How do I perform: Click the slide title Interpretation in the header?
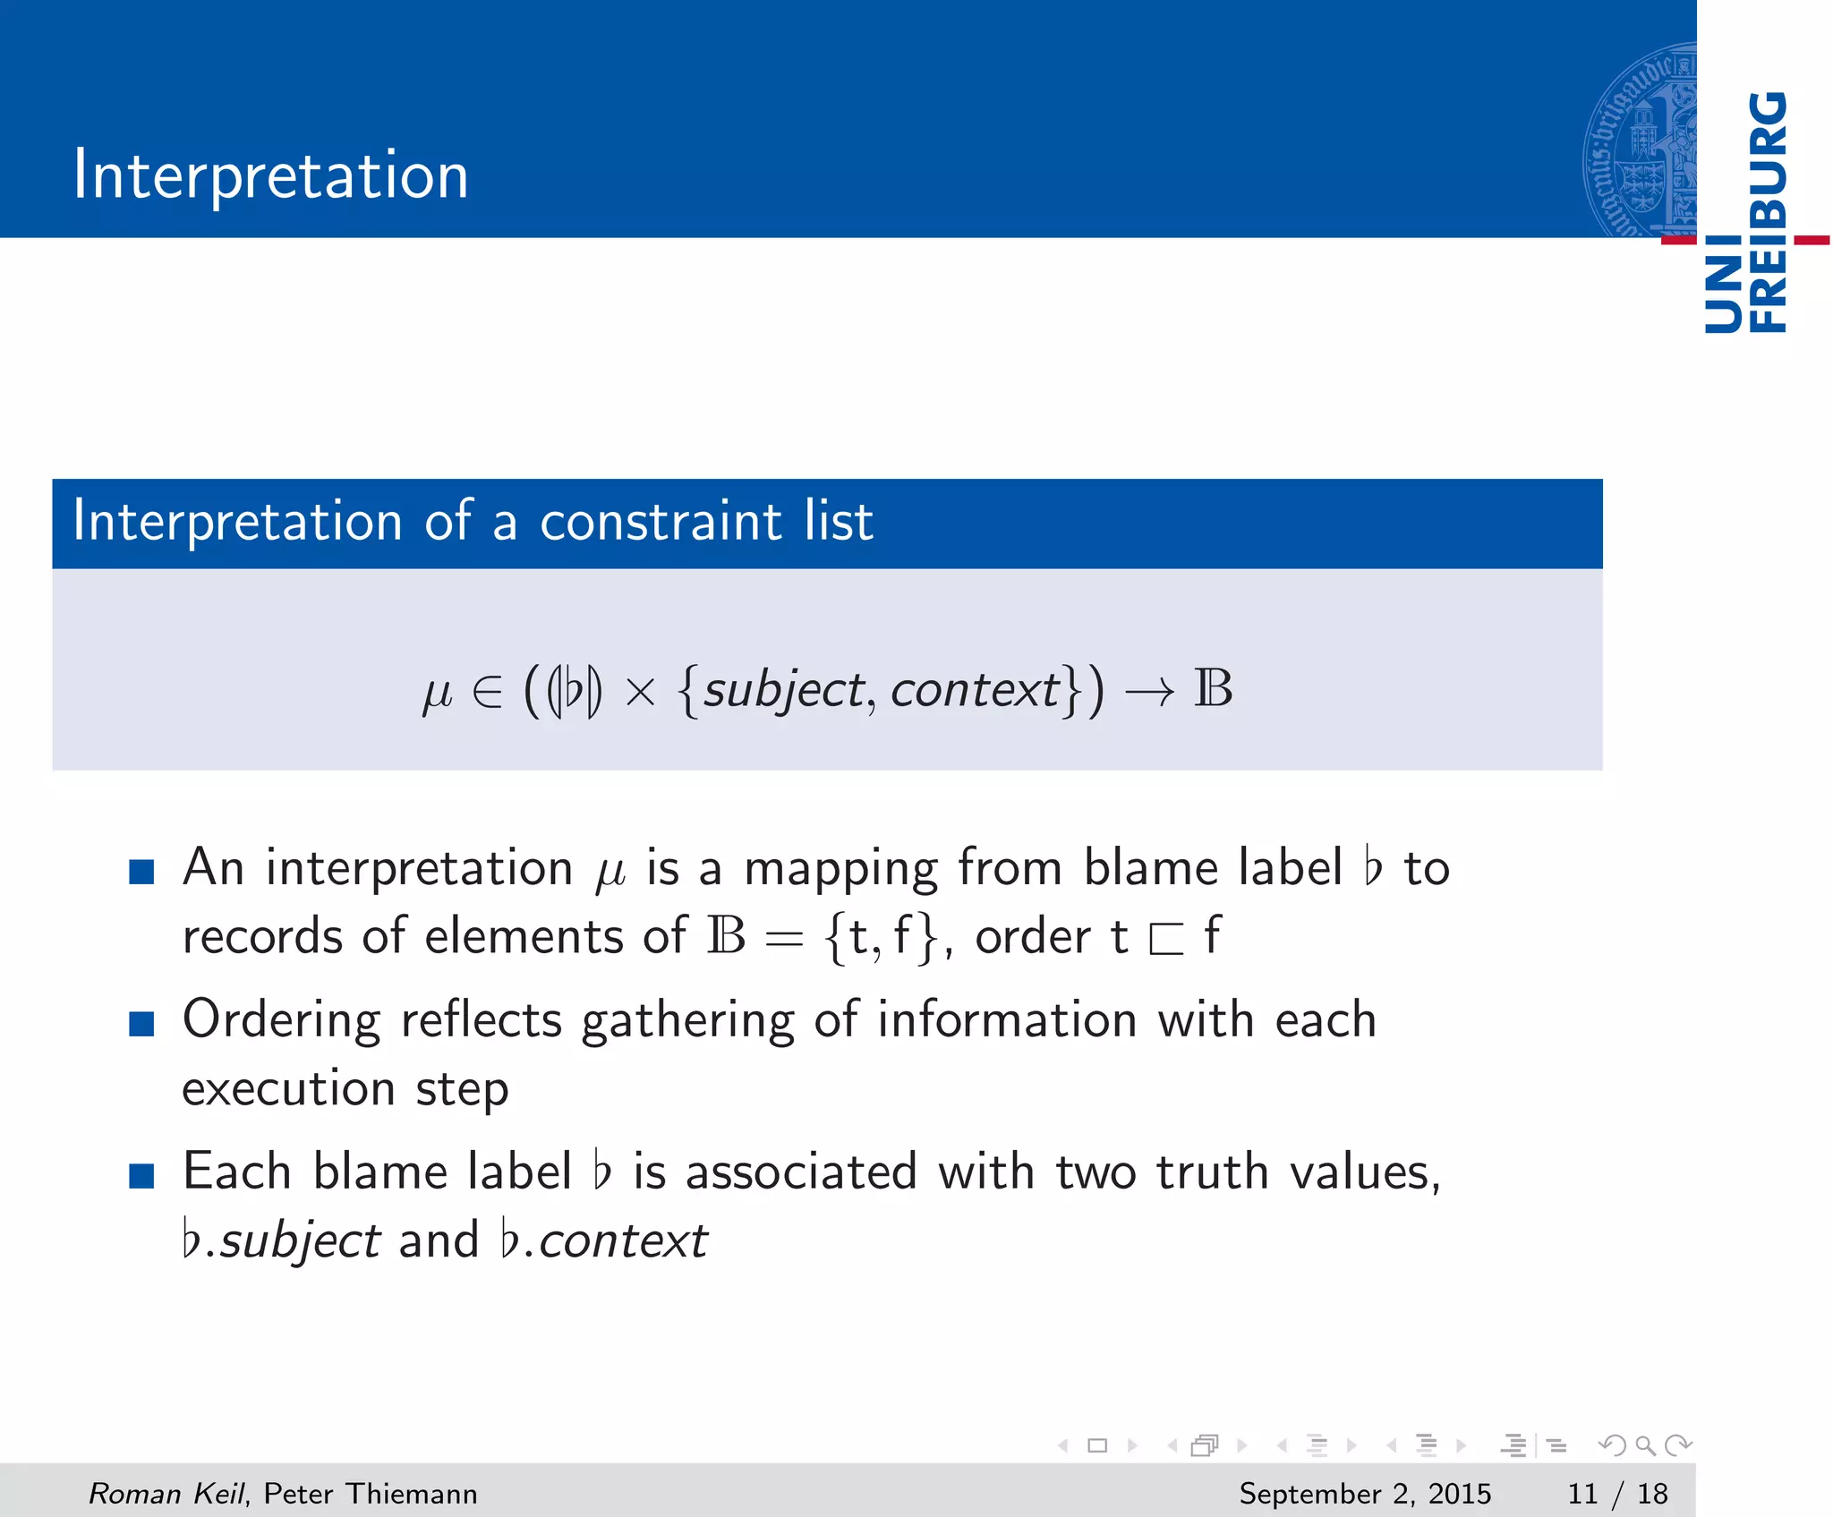pos(270,175)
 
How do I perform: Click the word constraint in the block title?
pos(661,521)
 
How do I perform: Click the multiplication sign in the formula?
pos(641,692)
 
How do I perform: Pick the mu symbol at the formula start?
pos(437,694)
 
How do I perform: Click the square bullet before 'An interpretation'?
pos(141,871)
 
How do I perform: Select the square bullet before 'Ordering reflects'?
pos(141,1023)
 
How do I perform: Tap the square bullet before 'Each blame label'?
pos(141,1175)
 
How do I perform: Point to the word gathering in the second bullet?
pos(687,1021)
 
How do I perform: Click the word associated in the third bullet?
pos(801,1172)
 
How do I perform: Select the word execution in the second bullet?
pos(288,1089)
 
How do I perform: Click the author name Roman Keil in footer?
pos(166,1494)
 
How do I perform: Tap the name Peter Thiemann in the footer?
pos(371,1494)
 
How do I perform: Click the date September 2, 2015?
pos(1365,1494)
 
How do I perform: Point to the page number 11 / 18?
pos(1617,1494)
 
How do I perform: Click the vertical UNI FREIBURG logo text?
pos(1745,213)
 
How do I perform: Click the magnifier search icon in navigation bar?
pos(1645,1445)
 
